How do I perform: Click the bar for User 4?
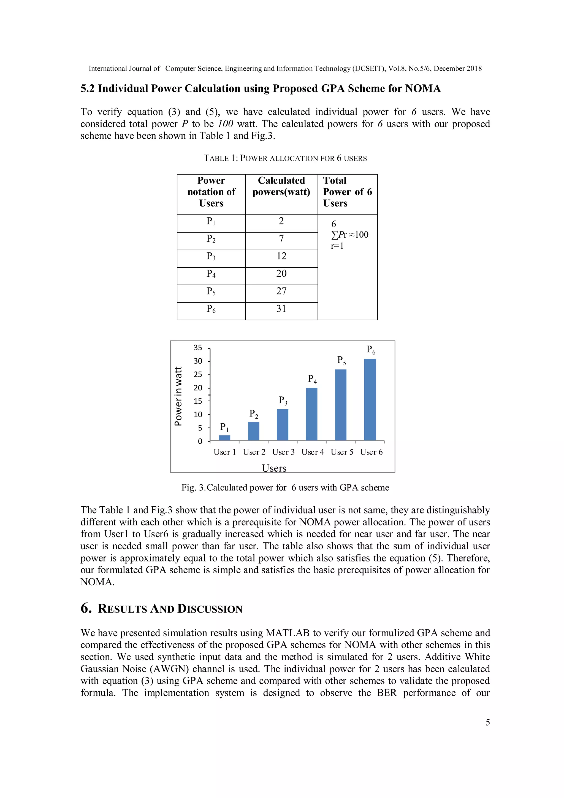click(311, 414)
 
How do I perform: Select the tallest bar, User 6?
click(370, 400)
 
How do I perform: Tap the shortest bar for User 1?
click(225, 437)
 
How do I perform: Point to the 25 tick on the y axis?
click(198, 374)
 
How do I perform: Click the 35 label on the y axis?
click(198, 348)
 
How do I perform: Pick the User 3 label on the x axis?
click(283, 452)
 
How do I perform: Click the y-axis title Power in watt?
click(178, 396)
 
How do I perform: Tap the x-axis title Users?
click(274, 468)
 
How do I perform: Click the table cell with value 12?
click(281, 256)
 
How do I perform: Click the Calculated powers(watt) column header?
click(281, 186)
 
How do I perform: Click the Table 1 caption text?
click(285, 158)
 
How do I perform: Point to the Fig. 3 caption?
click(285, 487)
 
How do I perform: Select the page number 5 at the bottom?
click(488, 722)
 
